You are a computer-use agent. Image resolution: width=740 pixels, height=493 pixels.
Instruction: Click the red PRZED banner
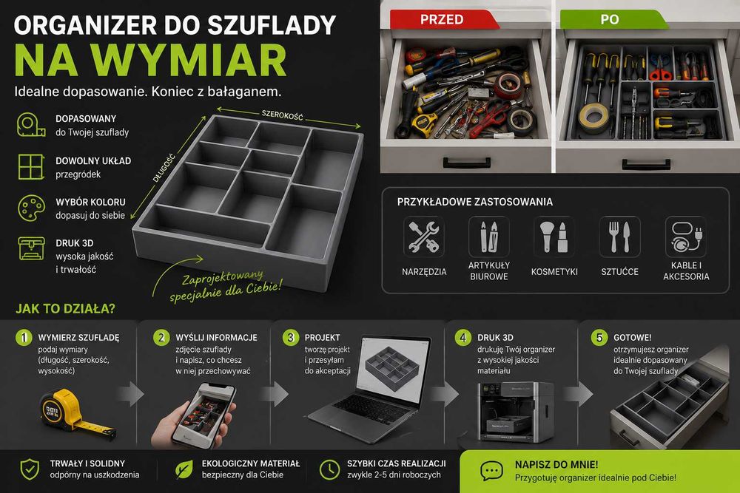coord(443,19)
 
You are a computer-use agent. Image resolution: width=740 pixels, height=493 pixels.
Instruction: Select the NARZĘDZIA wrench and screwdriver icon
coord(424,237)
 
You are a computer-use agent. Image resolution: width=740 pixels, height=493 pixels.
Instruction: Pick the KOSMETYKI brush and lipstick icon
coord(554,237)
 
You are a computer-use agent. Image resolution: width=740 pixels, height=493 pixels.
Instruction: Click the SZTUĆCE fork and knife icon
coord(619,237)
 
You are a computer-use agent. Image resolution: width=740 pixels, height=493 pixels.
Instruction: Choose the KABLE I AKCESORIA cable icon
coord(686,237)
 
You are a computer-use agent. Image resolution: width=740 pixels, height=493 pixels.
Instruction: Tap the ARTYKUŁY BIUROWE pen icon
coord(489,237)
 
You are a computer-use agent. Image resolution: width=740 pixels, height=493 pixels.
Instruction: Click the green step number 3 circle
coord(291,338)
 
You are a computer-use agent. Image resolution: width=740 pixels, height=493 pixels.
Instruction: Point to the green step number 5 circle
coord(599,338)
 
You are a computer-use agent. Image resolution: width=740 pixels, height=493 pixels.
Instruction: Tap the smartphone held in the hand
coord(204,415)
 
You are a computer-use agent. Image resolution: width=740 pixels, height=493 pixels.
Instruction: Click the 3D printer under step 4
coord(515,412)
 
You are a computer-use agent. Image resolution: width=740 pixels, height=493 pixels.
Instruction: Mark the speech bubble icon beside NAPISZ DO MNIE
coord(491,470)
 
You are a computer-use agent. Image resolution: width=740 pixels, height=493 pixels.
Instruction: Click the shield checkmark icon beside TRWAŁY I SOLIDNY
coord(30,469)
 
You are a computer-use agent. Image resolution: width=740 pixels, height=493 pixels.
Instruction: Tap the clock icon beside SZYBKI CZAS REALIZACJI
coord(329,469)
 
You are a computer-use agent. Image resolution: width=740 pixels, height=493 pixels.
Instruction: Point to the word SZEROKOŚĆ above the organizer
coord(282,115)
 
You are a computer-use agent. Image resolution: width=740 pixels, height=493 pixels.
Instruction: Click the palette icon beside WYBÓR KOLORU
coord(31,208)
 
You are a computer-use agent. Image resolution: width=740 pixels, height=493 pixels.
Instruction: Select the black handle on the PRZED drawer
coord(467,163)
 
